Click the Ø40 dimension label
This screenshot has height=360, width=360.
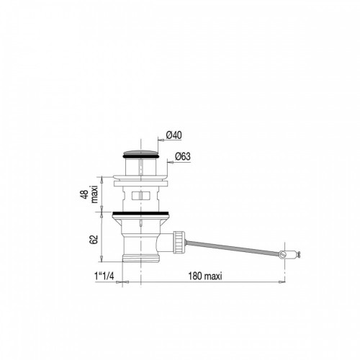pos(174,135)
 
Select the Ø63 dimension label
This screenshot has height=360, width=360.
pos(183,156)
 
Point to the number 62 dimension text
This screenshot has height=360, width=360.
pos(94,240)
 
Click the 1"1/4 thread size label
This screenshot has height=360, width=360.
pos(104,276)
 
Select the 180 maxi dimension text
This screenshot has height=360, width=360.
pos(205,276)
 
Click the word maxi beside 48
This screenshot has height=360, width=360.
pos(94,194)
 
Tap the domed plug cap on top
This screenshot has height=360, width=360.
pos(140,153)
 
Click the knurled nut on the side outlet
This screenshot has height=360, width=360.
pos(179,241)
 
